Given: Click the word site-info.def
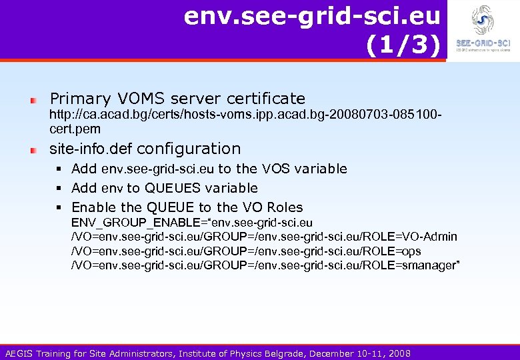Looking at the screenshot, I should [x=91, y=149].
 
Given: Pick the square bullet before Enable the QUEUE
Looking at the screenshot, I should [x=61, y=207].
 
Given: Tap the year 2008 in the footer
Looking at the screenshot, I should [x=399, y=353].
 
